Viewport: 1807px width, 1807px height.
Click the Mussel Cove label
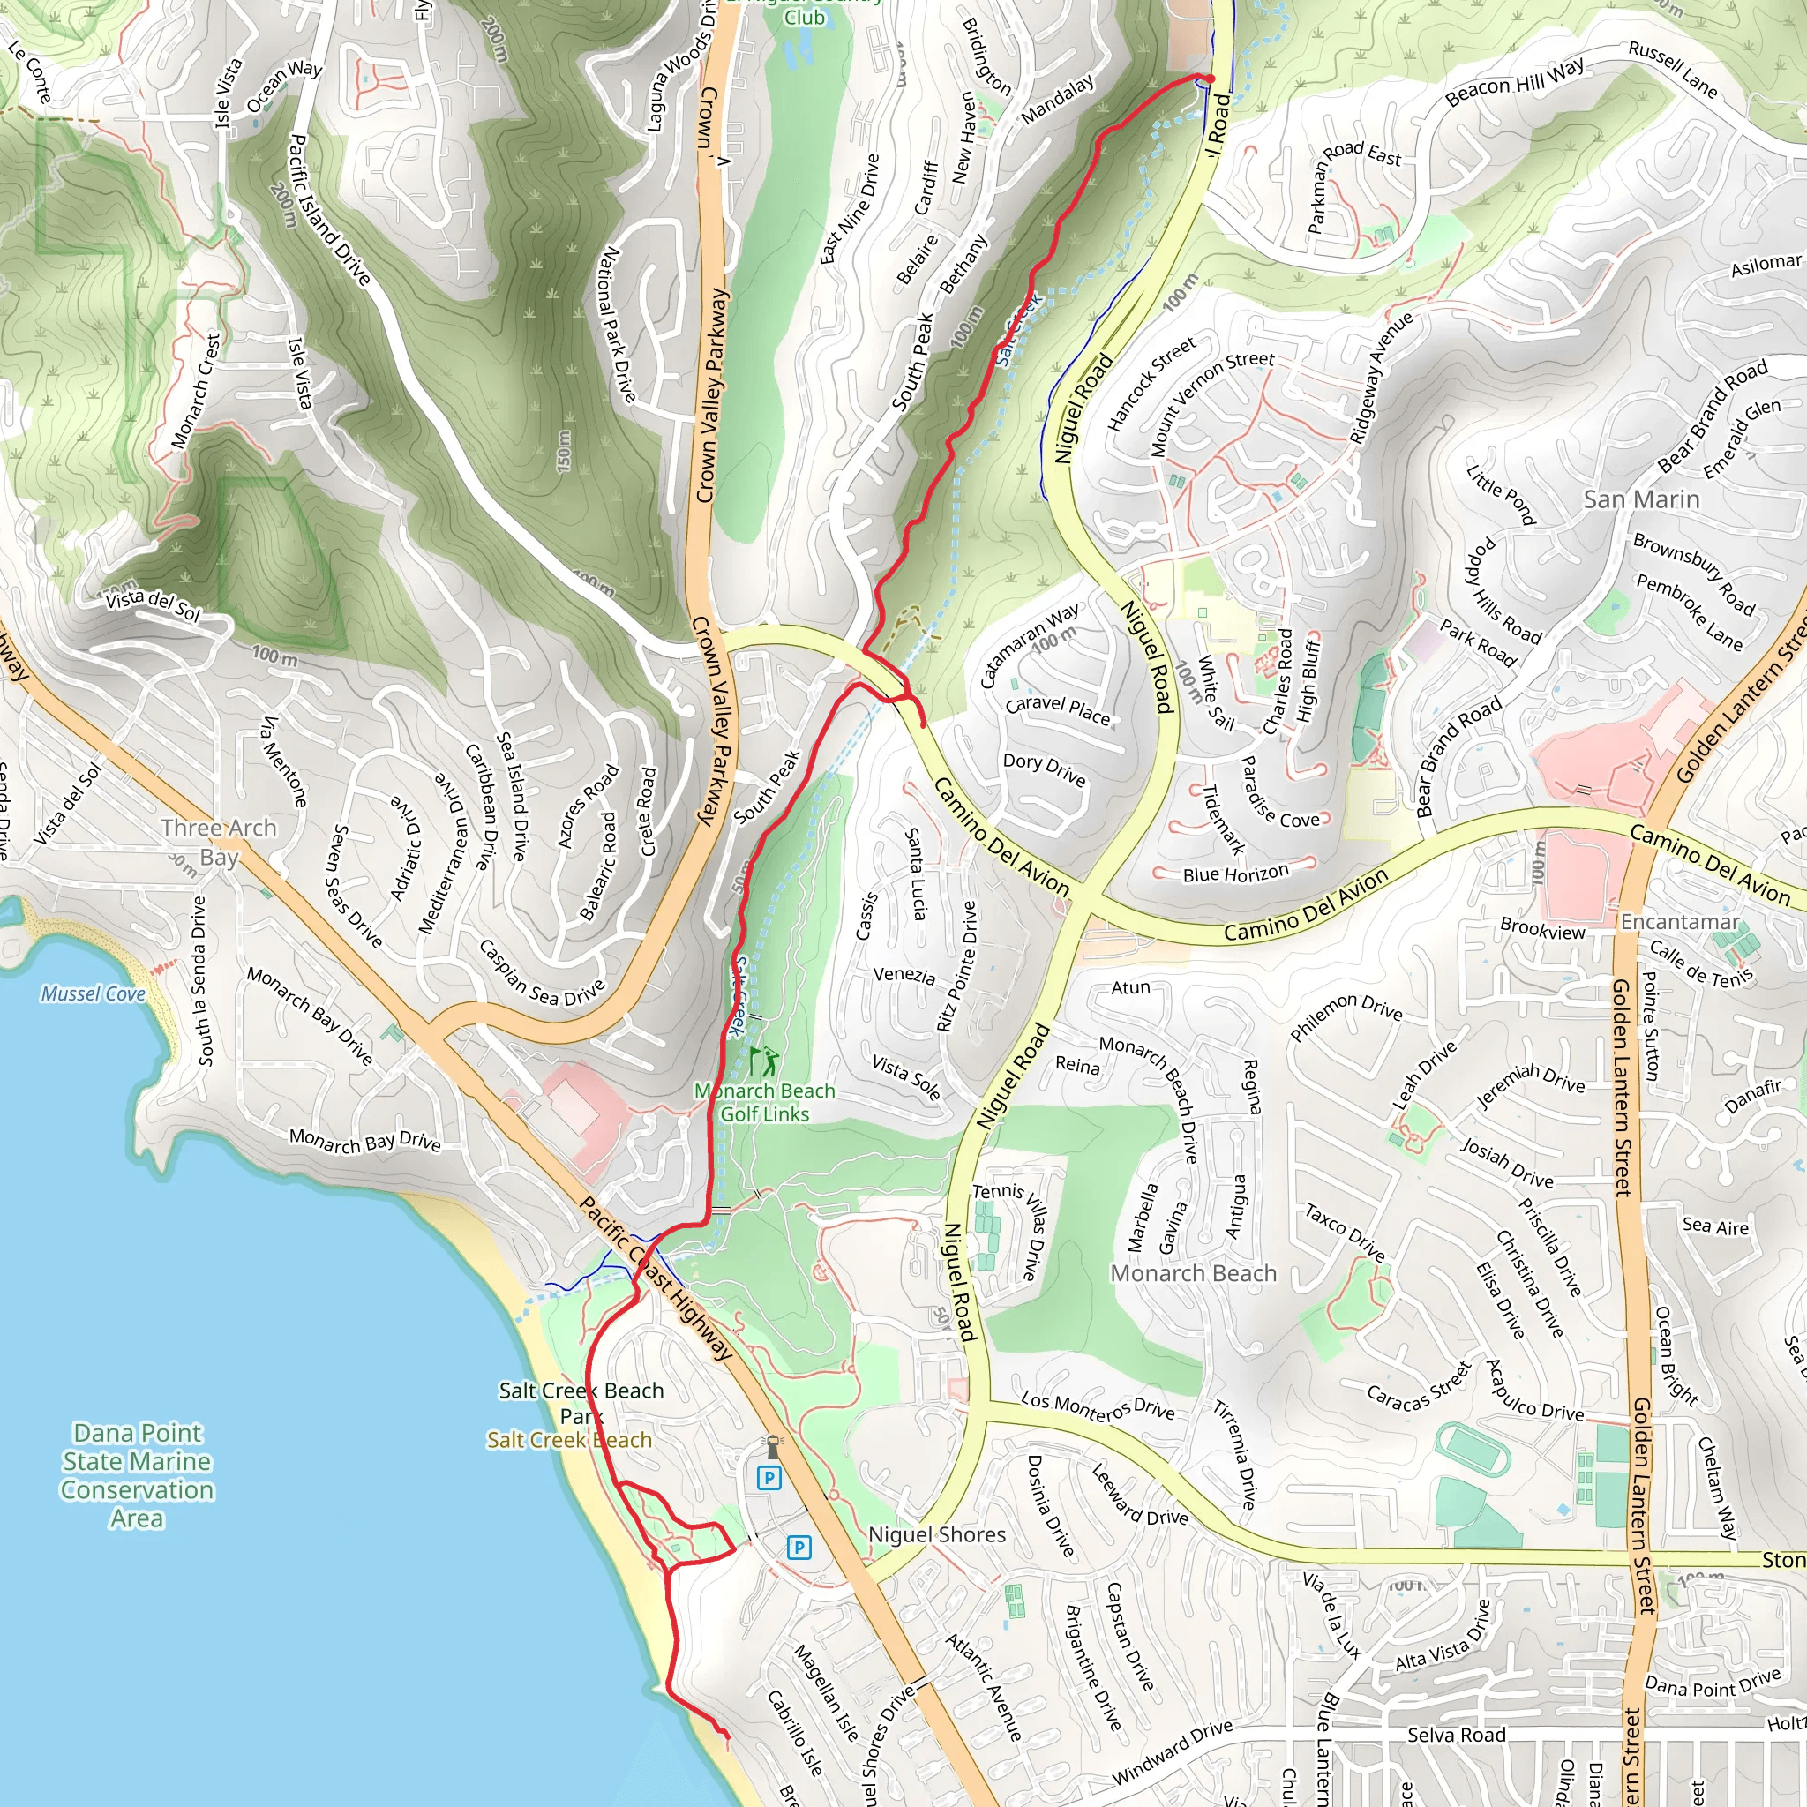[93, 993]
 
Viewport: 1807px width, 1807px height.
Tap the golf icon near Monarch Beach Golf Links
[764, 1061]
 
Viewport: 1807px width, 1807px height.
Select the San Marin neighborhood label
[1640, 499]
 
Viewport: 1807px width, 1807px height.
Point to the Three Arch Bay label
[219, 842]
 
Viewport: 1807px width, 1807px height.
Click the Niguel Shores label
[936, 1533]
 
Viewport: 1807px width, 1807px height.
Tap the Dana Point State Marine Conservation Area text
[138, 1475]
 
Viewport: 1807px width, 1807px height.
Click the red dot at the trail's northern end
[1209, 79]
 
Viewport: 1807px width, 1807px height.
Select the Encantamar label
[1680, 921]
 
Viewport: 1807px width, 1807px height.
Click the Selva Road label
[1455, 1736]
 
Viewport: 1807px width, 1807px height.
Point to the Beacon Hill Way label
[1514, 82]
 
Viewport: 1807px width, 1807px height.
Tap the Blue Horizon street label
[1235, 874]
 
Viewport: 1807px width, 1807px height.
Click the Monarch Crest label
[197, 391]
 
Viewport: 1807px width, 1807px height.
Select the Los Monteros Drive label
[1097, 1406]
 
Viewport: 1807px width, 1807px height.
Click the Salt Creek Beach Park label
[581, 1403]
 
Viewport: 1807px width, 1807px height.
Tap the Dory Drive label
[1044, 769]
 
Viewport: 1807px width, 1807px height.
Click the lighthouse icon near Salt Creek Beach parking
[773, 1447]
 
